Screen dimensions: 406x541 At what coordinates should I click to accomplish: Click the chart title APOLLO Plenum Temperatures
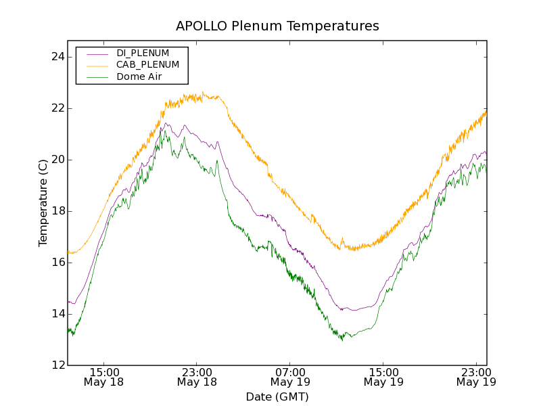(277, 26)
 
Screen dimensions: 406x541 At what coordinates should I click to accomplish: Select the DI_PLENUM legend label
(143, 53)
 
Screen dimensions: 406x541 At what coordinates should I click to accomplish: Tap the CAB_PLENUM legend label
(147, 64)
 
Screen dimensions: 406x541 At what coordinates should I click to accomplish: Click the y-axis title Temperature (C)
(43, 203)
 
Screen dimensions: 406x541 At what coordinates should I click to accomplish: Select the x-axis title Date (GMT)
(277, 397)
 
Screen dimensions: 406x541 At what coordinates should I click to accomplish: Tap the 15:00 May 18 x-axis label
(104, 377)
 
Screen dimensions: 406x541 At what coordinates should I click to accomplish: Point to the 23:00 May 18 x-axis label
(197, 377)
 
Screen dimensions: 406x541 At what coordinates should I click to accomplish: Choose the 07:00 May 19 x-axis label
(291, 377)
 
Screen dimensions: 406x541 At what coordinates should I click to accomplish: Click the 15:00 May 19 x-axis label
(383, 377)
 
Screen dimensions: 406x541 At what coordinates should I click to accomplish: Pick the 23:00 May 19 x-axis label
(476, 377)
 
